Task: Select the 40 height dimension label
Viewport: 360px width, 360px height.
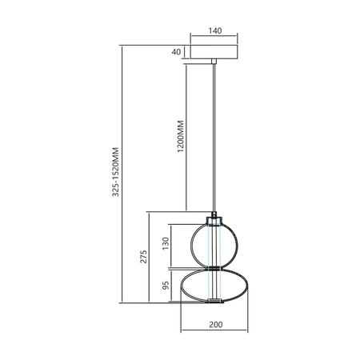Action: coord(176,52)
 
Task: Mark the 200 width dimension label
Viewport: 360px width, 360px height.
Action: coord(214,325)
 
